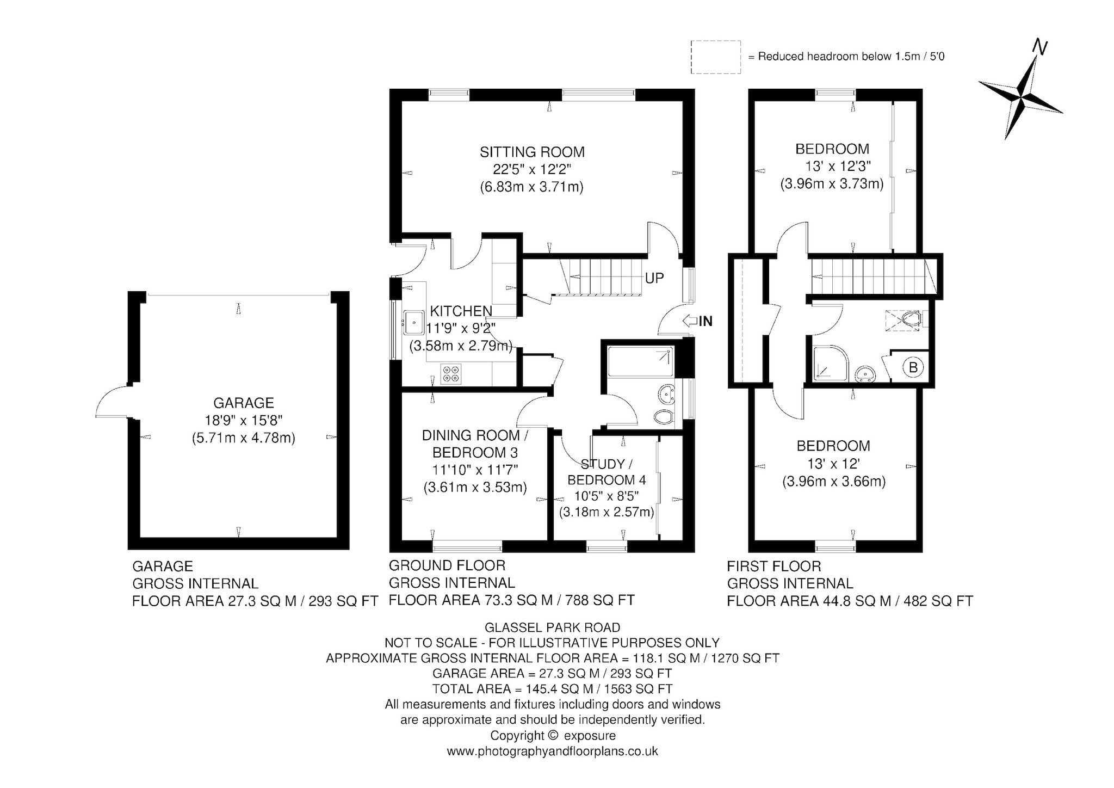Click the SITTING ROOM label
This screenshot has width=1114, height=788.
click(532, 152)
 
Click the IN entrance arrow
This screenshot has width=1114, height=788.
click(697, 321)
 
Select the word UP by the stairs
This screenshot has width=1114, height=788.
click(654, 278)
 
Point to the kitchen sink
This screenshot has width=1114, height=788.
click(414, 322)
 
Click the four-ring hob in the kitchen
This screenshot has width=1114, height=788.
click(451, 373)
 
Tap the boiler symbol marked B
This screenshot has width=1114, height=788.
click(913, 367)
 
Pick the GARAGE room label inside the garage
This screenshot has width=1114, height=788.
click(243, 403)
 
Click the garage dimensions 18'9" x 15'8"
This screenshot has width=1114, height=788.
click(243, 420)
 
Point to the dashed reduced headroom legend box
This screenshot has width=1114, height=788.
click(715, 57)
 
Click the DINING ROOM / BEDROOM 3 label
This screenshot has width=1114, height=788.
click(475, 444)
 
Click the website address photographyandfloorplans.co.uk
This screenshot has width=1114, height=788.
click(552, 751)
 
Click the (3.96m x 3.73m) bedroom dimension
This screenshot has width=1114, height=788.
click(832, 184)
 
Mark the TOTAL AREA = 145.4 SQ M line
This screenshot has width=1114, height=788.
click(552, 688)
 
